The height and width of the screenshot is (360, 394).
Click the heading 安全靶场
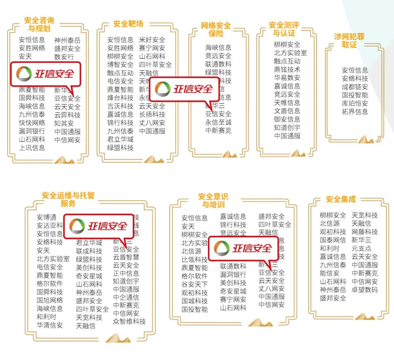128,24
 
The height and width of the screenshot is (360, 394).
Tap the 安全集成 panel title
341,199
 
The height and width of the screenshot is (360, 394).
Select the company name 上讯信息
32,148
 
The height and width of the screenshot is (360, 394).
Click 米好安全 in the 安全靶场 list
152,40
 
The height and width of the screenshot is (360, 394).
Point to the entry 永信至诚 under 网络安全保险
218,122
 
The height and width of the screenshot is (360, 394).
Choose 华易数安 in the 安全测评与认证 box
287,78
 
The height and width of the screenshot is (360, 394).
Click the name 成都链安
355,87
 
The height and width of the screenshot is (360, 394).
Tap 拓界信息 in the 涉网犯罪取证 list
355,112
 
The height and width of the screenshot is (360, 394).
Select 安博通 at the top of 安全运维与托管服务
47,217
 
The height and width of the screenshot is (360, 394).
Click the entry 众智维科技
129,321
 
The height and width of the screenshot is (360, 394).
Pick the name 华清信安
50,325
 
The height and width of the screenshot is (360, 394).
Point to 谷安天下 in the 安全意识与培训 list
195,284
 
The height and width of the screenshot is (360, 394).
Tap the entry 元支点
361,248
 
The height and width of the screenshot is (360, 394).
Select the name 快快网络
32,123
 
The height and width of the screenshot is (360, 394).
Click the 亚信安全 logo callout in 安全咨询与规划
45,74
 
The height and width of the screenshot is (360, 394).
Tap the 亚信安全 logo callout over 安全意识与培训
243,249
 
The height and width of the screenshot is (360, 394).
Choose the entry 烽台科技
120,98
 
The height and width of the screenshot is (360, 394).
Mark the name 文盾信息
287,111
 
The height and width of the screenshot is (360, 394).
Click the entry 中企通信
126,297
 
